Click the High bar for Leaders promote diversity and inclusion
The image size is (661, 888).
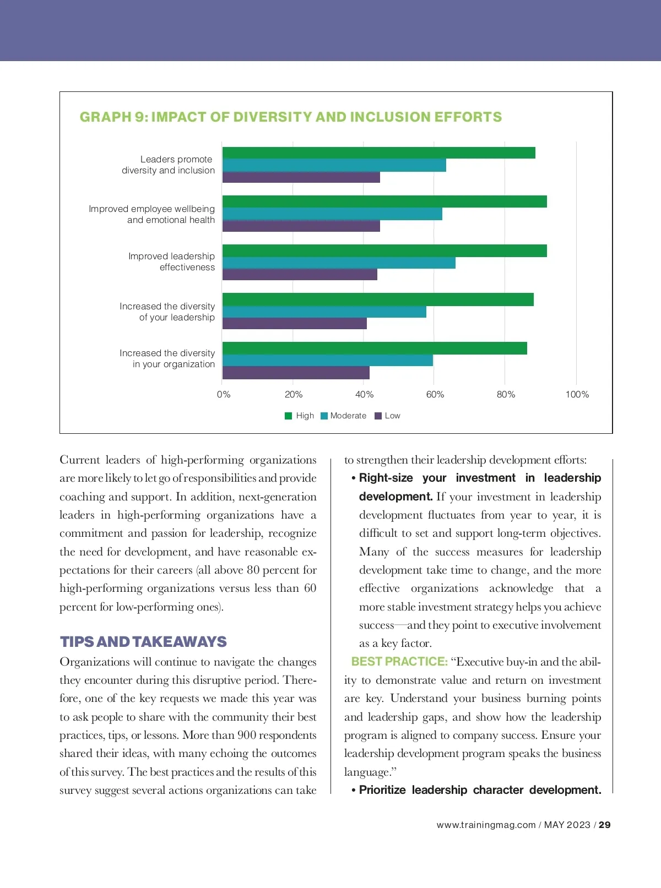click(x=378, y=153)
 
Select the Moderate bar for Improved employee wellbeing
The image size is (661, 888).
click(x=332, y=214)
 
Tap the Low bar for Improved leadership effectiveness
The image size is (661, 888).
click(x=300, y=274)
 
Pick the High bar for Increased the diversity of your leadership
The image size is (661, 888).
click(x=378, y=299)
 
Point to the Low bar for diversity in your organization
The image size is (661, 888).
click(x=296, y=373)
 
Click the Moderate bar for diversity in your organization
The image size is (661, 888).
click(x=328, y=361)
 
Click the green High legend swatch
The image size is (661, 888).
click(x=288, y=416)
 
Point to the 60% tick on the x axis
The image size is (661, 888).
click(x=435, y=395)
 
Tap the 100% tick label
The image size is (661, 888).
click(x=577, y=395)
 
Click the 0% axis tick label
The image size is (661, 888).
click(x=224, y=395)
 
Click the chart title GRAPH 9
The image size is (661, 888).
click(x=291, y=117)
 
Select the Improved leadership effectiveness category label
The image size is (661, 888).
click(x=171, y=262)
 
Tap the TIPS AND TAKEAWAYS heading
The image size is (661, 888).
click(x=143, y=642)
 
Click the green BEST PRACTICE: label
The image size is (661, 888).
click(x=399, y=662)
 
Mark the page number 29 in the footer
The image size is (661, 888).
click(x=604, y=825)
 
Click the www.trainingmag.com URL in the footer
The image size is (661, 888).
click(x=486, y=825)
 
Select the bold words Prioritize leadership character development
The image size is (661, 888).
click(x=480, y=790)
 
